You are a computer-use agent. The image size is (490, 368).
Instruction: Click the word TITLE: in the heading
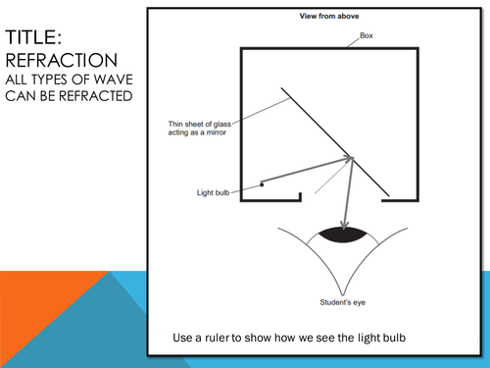click(x=33, y=37)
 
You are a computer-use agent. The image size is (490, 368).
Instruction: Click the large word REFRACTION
click(x=62, y=61)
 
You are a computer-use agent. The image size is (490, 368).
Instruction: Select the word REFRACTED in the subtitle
click(x=95, y=96)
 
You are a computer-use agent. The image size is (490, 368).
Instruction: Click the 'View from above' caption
click(x=329, y=16)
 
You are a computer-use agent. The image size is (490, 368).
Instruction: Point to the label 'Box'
click(x=367, y=35)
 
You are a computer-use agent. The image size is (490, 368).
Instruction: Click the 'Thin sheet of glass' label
click(x=200, y=124)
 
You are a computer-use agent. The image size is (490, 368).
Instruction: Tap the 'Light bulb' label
click(x=213, y=192)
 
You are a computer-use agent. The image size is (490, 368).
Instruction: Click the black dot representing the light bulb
click(x=262, y=184)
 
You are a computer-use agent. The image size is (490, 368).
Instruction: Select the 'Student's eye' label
click(x=343, y=302)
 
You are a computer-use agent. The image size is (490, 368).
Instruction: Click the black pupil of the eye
click(x=343, y=235)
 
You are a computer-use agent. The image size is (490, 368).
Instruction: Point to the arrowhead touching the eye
click(x=344, y=226)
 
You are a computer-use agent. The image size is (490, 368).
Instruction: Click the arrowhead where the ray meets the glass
click(x=349, y=158)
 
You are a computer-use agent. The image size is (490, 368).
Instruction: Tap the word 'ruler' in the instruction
click(x=218, y=338)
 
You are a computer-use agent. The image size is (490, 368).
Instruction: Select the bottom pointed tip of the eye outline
click(x=343, y=294)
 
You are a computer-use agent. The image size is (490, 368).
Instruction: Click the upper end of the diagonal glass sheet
click(x=281, y=87)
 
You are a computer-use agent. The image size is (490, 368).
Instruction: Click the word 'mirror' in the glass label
click(x=216, y=132)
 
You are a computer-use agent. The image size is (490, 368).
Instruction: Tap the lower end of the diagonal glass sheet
click(x=389, y=196)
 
